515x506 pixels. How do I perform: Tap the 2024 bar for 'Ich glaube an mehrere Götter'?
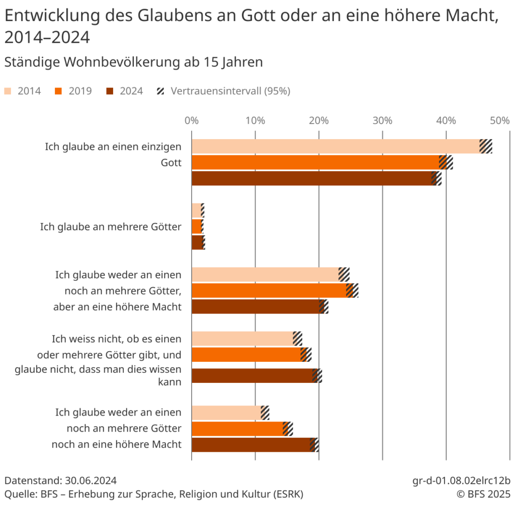[x=197, y=243]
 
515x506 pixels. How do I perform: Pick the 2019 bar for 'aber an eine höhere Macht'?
[x=269, y=290]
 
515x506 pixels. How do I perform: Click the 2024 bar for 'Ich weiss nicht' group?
[x=252, y=376]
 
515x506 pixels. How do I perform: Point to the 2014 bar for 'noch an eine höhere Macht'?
[x=226, y=413]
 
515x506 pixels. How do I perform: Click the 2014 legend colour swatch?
[x=8, y=91]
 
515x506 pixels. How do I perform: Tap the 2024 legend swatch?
[x=110, y=91]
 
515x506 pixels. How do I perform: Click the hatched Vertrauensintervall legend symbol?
[x=161, y=91]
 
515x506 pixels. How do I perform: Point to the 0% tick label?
[x=191, y=121]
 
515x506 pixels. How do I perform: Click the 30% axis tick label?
[x=382, y=121]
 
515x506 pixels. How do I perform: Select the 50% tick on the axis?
[x=500, y=121]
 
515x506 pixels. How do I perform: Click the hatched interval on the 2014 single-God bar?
[x=486, y=146]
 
